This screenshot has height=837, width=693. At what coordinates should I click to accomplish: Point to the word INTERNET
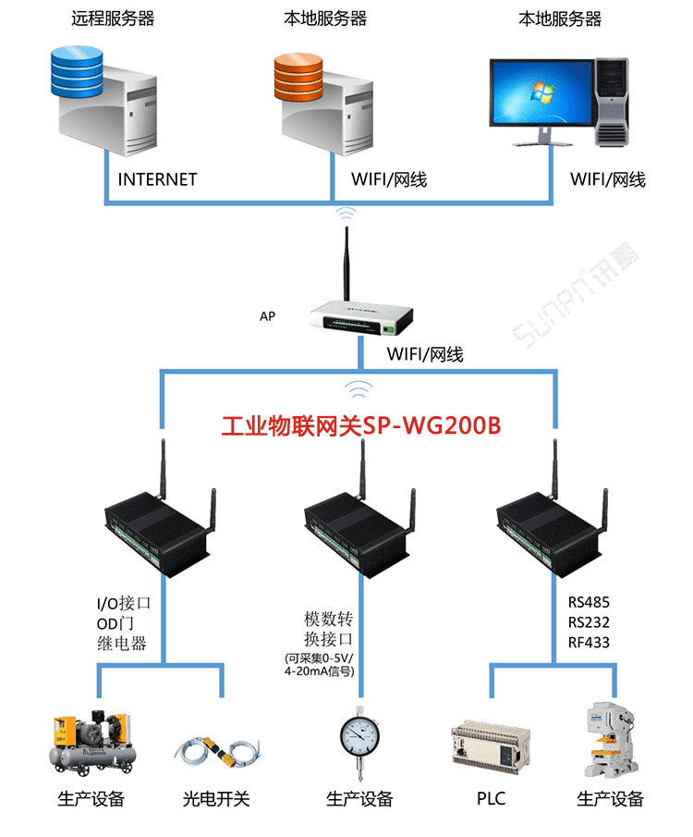click(157, 179)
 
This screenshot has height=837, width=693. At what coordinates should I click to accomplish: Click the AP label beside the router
click(267, 316)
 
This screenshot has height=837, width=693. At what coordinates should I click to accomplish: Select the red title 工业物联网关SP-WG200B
click(361, 426)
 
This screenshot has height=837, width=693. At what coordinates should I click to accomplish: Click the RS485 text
click(589, 602)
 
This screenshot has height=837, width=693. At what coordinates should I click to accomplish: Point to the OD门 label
click(115, 623)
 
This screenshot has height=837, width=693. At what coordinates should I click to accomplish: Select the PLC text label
click(491, 798)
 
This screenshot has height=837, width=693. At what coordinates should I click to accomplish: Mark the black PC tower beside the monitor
click(611, 102)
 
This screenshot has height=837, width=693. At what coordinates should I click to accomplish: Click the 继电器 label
click(122, 644)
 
